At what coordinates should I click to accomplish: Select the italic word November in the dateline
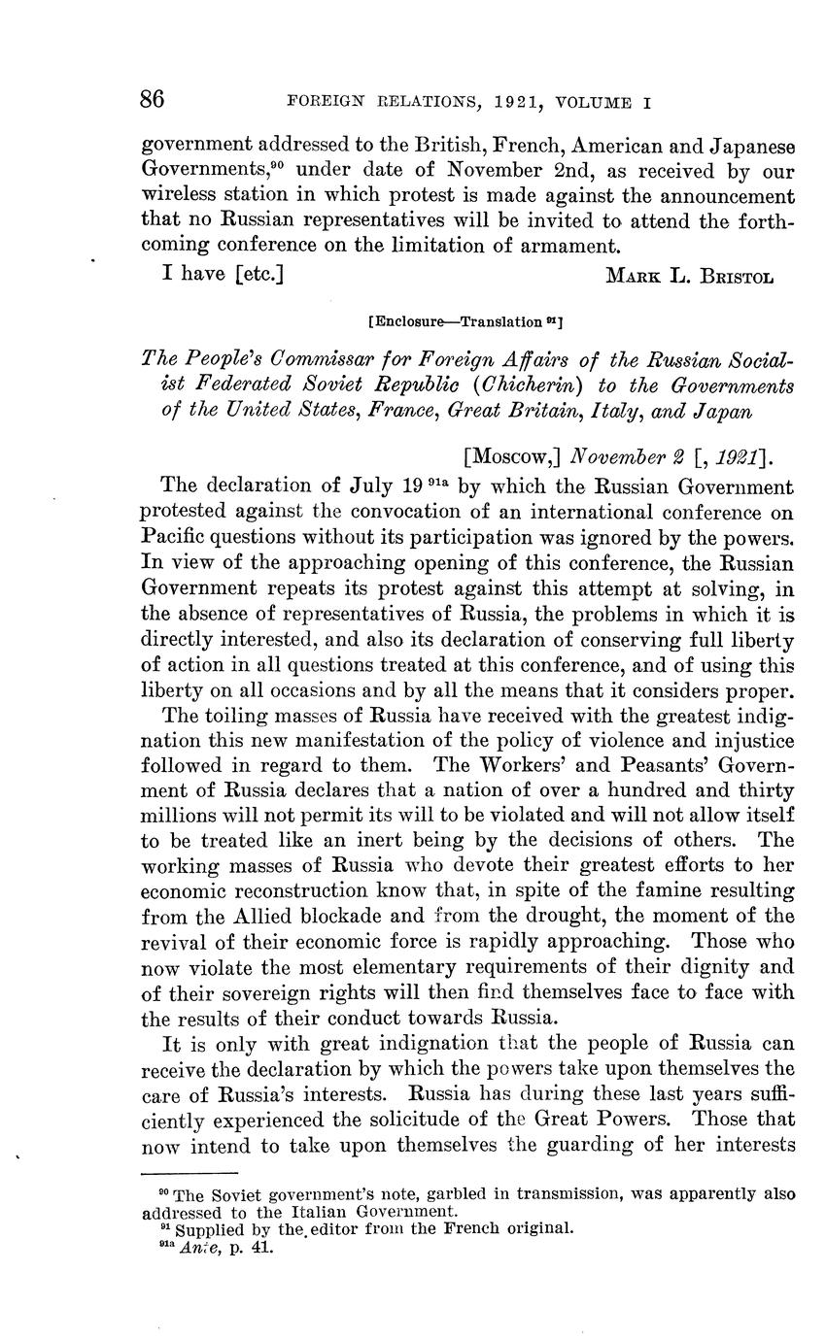[x=617, y=454]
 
